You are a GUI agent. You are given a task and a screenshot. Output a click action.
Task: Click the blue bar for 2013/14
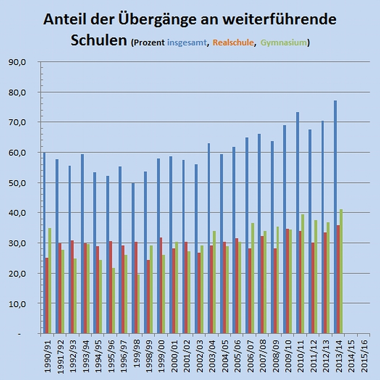pos(335,217)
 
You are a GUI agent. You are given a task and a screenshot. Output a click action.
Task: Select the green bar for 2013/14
pos(341,271)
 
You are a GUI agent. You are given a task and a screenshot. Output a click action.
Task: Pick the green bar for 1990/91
pos(50,281)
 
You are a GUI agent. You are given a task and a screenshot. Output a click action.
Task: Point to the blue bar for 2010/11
pos(298,223)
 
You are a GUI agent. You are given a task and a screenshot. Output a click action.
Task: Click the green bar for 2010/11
pos(303,274)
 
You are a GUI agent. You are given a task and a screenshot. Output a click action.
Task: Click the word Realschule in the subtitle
pos(233,43)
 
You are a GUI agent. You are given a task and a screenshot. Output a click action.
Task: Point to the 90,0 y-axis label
pos(17,62)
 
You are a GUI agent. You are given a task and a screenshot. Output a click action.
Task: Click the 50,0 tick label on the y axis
pos(17,182)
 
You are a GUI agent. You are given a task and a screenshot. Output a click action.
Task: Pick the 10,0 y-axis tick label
pos(17,303)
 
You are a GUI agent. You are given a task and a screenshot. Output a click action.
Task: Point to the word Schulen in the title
pos(98,40)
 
